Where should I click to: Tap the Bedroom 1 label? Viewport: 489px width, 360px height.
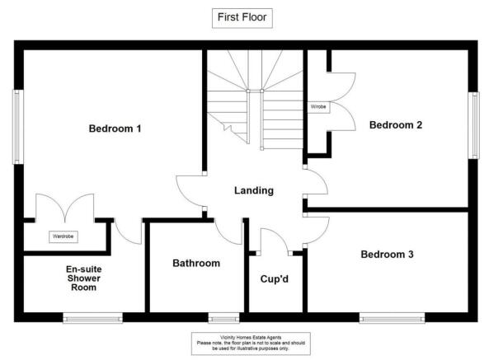pos(115,129)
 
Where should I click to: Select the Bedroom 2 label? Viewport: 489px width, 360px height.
pos(396,125)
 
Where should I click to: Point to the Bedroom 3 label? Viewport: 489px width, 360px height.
pos(388,254)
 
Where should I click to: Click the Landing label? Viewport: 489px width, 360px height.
pos(254,190)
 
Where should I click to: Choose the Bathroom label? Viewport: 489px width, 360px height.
pos(196,264)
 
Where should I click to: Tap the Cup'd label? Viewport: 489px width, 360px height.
pos(276,278)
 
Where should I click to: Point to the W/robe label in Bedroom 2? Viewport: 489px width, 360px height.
pos(318,107)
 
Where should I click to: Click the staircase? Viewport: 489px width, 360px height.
pos(256,99)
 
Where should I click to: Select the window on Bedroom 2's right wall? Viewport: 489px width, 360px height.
pos(474,124)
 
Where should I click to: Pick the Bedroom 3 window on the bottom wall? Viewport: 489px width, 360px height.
pos(392,316)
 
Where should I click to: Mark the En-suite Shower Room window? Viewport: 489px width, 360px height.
pos(92,316)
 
